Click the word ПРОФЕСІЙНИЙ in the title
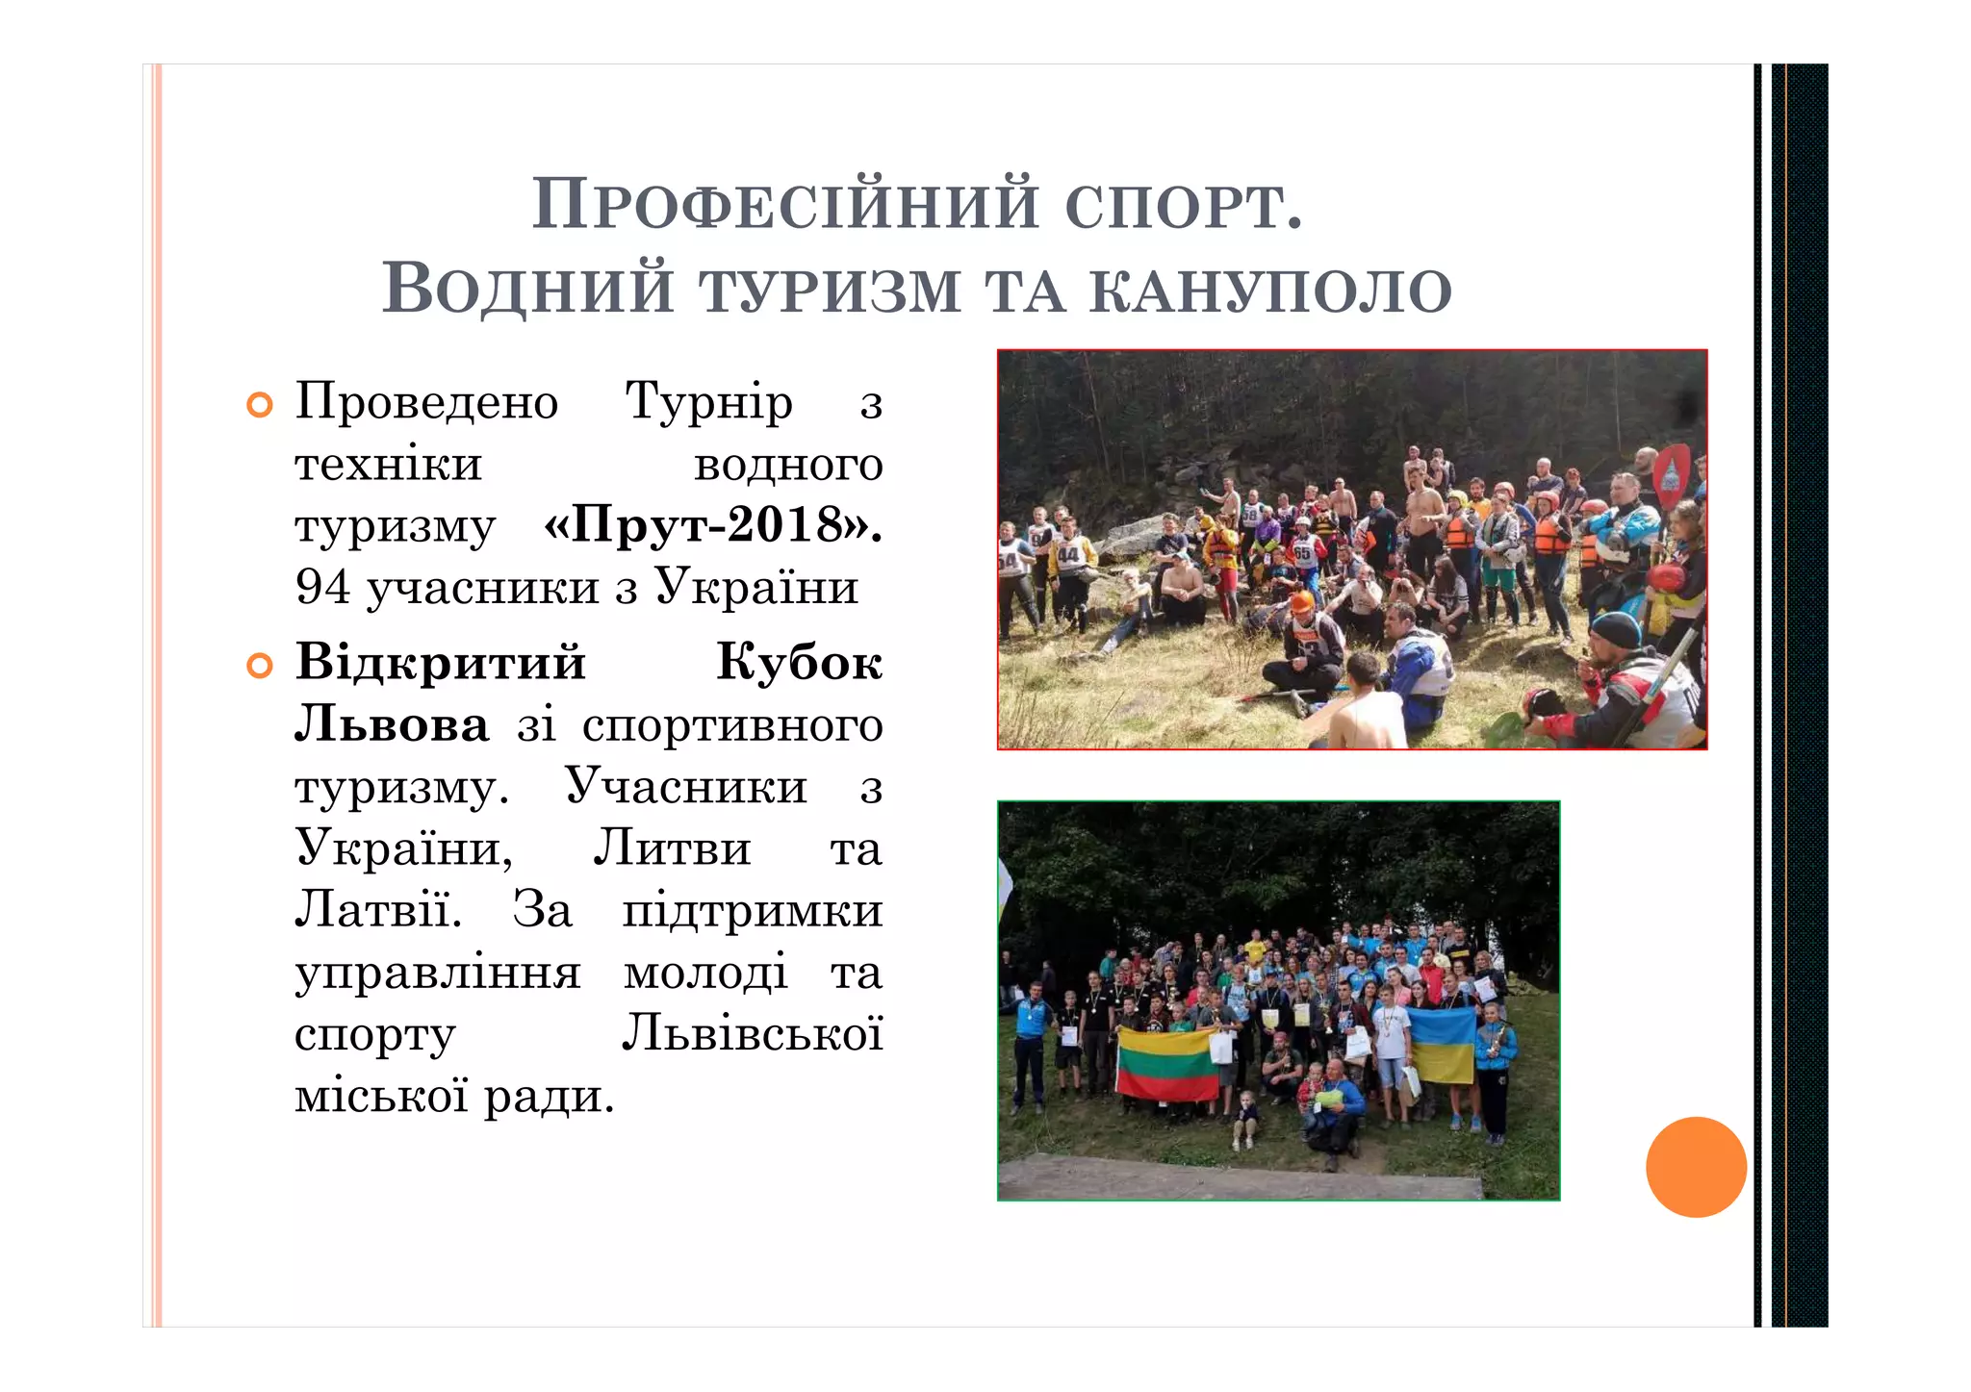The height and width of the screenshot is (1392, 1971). tap(785, 204)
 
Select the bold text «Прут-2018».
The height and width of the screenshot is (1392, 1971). tap(712, 525)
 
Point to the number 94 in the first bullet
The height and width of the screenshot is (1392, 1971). tap(322, 587)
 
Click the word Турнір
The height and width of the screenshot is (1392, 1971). tap(708, 401)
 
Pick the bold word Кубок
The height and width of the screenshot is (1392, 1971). tap(799, 663)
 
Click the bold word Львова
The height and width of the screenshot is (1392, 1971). tap(392, 724)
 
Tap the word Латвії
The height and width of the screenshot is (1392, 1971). tap(378, 910)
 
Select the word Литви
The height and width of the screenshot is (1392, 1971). tap(671, 848)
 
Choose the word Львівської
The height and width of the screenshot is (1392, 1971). tap(752, 1034)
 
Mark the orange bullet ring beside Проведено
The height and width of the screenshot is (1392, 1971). tap(260, 406)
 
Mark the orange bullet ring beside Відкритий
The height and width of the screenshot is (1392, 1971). tap(260, 666)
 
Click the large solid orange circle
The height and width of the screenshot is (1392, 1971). tap(1696, 1167)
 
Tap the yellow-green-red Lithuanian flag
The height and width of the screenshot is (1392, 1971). tap(1167, 1064)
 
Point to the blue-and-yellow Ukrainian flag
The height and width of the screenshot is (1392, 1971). tap(1442, 1045)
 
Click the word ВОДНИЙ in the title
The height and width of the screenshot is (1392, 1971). tap(527, 289)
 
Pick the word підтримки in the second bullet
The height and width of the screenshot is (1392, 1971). tap(752, 910)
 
